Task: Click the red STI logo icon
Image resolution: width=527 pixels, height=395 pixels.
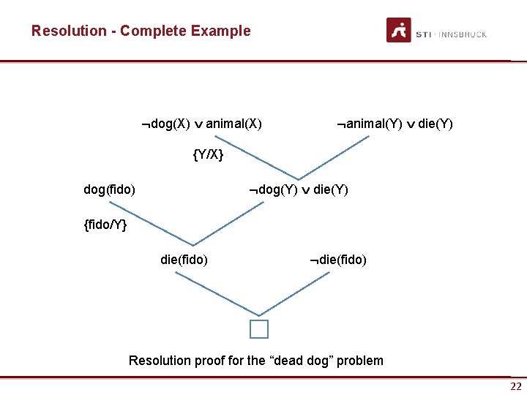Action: [x=398, y=30]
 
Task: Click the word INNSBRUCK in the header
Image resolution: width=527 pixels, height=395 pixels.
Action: [x=462, y=34]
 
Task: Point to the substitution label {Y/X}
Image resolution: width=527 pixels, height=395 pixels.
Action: [x=208, y=155]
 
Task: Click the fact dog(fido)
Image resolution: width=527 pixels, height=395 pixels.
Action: [x=110, y=189]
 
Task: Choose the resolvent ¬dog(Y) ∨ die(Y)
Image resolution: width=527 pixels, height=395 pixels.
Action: [x=298, y=189]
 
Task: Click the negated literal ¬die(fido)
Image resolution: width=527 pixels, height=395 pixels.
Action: [x=337, y=259]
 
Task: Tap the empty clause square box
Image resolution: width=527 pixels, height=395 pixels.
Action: [x=259, y=329]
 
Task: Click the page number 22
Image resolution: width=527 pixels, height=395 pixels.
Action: [x=516, y=386]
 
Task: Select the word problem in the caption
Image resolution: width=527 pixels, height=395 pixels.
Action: [x=361, y=360]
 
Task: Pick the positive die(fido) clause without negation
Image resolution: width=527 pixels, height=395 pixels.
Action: [x=184, y=259]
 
